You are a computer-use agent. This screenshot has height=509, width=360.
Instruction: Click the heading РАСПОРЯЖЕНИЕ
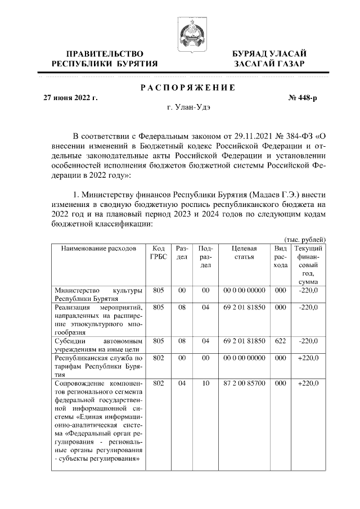click(x=187, y=87)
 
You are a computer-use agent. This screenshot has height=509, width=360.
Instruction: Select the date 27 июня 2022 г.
click(x=71, y=98)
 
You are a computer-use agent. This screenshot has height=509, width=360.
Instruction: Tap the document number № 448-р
click(x=303, y=98)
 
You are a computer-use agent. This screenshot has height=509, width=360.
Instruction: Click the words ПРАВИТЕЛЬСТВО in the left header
click(x=104, y=53)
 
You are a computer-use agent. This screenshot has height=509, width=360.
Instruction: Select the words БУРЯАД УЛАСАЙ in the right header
click(x=269, y=53)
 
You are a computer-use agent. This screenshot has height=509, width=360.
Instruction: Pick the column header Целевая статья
click(x=244, y=253)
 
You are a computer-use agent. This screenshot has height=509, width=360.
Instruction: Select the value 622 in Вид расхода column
click(x=280, y=341)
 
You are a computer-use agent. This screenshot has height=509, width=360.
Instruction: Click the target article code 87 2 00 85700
click(x=244, y=383)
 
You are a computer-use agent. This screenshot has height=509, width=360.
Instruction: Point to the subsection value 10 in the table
click(x=205, y=383)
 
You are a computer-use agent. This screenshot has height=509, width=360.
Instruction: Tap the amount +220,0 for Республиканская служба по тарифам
click(x=308, y=358)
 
